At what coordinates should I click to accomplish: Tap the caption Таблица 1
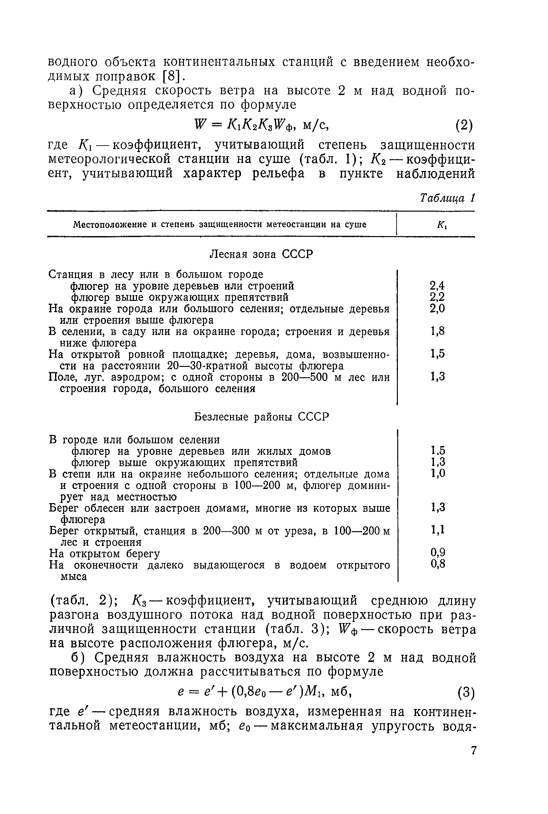pyautogui.click(x=448, y=198)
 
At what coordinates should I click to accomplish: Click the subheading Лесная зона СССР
pyautogui.click(x=261, y=254)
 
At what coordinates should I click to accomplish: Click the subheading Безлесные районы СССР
pyautogui.click(x=261, y=417)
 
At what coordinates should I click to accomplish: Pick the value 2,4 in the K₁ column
pyautogui.click(x=437, y=286)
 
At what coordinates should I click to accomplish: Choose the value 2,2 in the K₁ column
pyautogui.click(x=437, y=297)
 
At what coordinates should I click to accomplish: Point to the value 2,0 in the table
pyautogui.click(x=437, y=309)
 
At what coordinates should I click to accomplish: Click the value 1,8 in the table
pyautogui.click(x=437, y=331)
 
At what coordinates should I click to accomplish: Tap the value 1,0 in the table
pyautogui.click(x=438, y=474)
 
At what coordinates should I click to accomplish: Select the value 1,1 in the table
pyautogui.click(x=437, y=530)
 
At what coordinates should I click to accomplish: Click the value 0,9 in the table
pyautogui.click(x=437, y=552)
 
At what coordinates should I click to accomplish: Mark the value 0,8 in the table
pyautogui.click(x=437, y=563)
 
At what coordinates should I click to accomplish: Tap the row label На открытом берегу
pyautogui.click(x=104, y=554)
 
